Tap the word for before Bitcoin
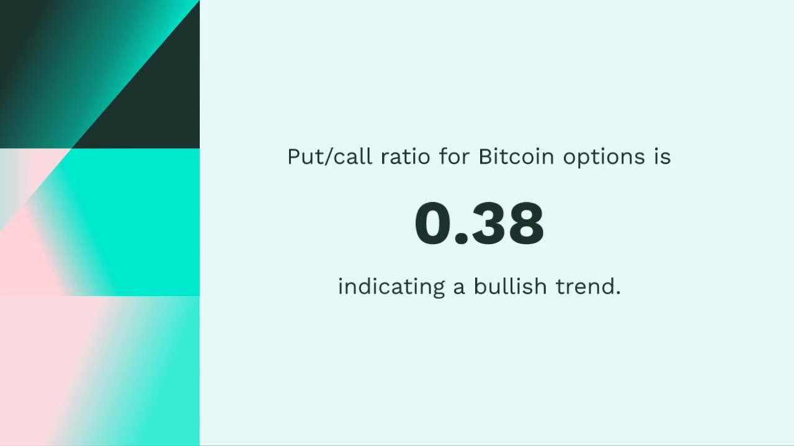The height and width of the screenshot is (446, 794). pyautogui.click(x=455, y=157)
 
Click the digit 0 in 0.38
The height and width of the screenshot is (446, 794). pyautogui.click(x=434, y=224)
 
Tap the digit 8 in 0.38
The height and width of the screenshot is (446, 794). pyautogui.click(x=527, y=224)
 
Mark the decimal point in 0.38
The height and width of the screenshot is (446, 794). pyautogui.click(x=462, y=240)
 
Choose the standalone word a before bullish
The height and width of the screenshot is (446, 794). pyautogui.click(x=459, y=289)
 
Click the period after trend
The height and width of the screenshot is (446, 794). pyautogui.click(x=618, y=293)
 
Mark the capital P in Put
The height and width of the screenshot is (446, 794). pyautogui.click(x=293, y=157)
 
